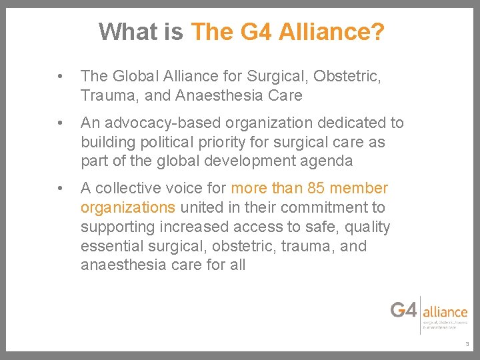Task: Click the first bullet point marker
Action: [61, 77]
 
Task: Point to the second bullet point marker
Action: [61, 123]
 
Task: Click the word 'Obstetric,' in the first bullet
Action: [347, 77]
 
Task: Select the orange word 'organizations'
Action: [127, 207]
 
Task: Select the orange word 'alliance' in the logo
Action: [445, 311]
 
